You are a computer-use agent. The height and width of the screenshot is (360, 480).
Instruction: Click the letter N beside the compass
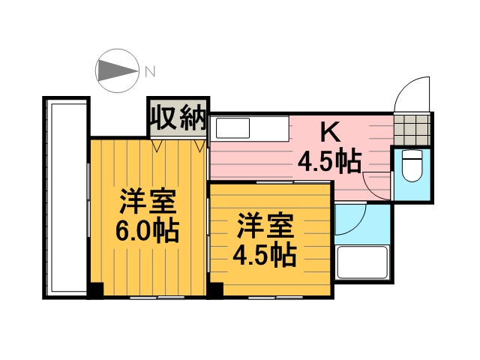[150, 72]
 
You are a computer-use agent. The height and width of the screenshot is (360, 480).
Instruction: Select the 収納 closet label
[177, 117]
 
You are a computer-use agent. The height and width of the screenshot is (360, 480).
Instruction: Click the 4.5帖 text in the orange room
[263, 255]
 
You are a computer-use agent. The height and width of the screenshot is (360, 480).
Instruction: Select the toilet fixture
[412, 166]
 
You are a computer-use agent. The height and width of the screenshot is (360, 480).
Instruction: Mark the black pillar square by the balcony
[95, 290]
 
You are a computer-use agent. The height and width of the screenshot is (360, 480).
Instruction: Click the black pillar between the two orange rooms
[215, 289]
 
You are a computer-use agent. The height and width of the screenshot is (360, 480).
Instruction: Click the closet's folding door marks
[178, 145]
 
